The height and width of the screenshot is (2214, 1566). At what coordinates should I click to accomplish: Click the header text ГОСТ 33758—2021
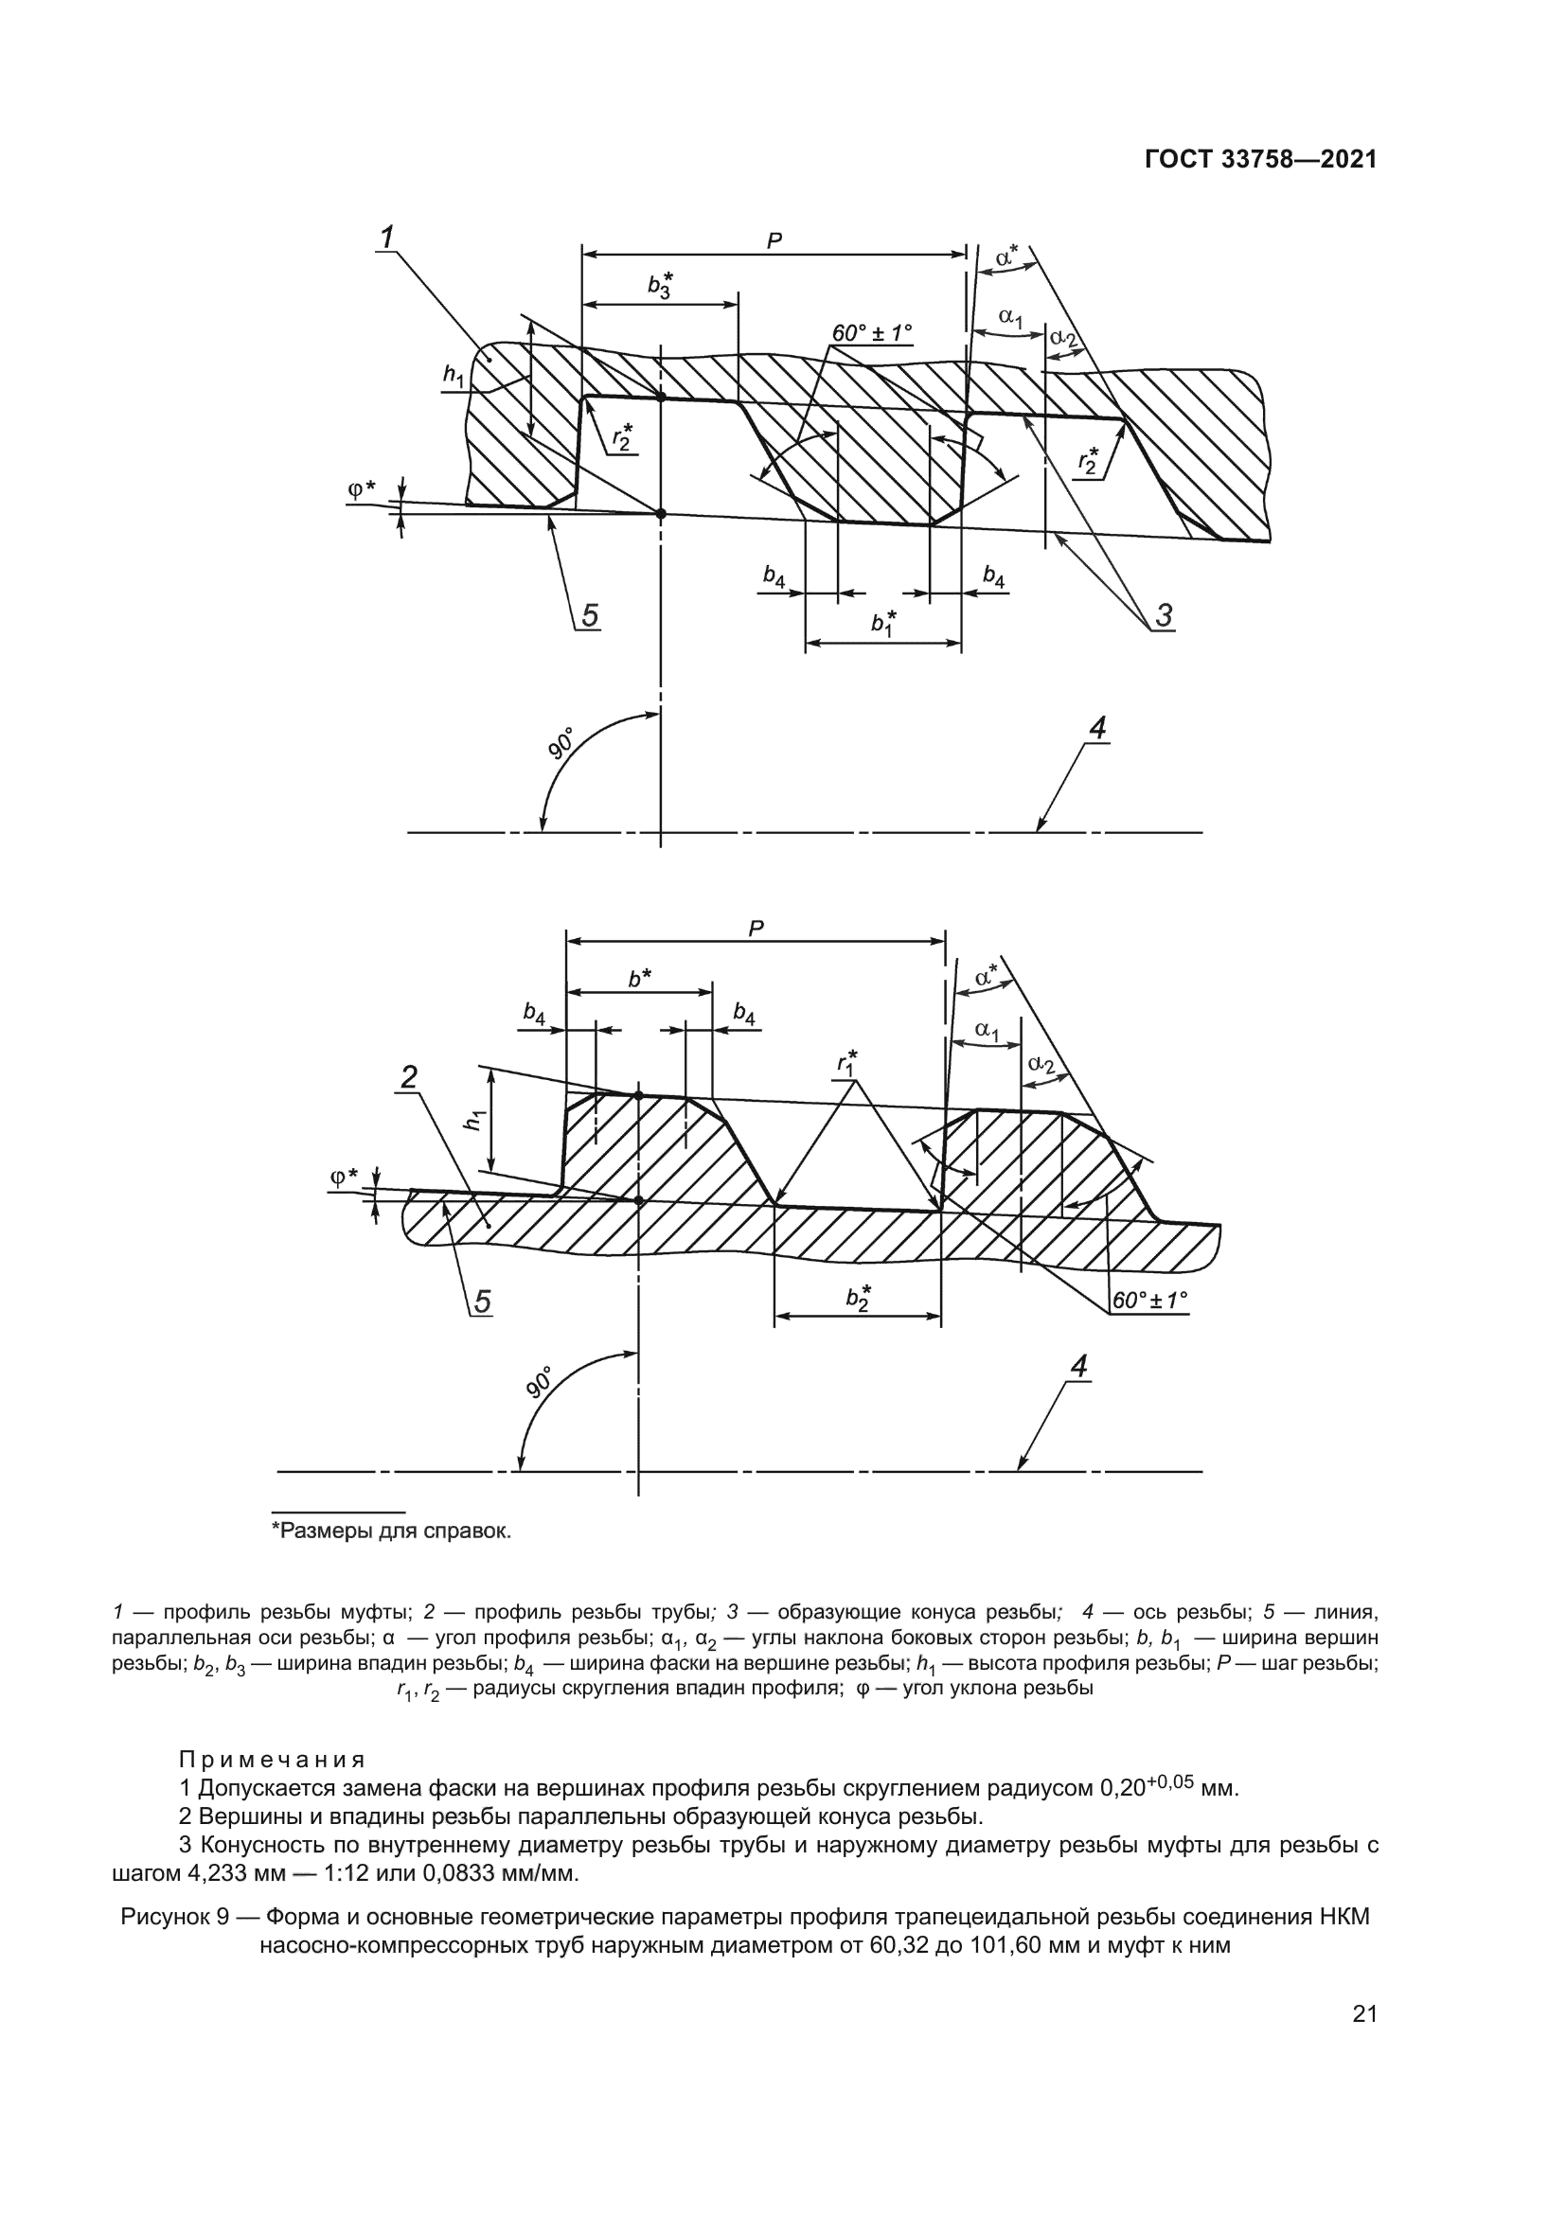click(x=1260, y=160)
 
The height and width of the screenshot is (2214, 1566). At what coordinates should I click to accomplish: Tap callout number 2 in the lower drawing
click(x=409, y=1077)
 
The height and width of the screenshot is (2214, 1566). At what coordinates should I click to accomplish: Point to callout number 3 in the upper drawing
click(x=1164, y=614)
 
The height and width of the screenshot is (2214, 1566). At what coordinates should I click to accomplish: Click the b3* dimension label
click(x=661, y=286)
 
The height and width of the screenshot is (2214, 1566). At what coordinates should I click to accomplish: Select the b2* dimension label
click(x=858, y=1299)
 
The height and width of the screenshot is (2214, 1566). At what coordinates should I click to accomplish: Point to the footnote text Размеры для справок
click(x=393, y=1531)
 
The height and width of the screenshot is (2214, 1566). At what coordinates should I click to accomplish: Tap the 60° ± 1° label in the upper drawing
click(x=872, y=333)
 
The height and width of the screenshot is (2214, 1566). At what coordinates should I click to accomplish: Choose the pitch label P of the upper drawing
click(x=774, y=242)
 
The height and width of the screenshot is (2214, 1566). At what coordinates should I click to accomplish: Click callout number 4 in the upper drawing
click(x=1097, y=730)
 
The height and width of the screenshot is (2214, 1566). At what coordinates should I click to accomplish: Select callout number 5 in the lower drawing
click(x=481, y=1302)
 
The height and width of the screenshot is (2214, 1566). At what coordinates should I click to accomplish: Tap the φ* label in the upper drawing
click(x=362, y=490)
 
